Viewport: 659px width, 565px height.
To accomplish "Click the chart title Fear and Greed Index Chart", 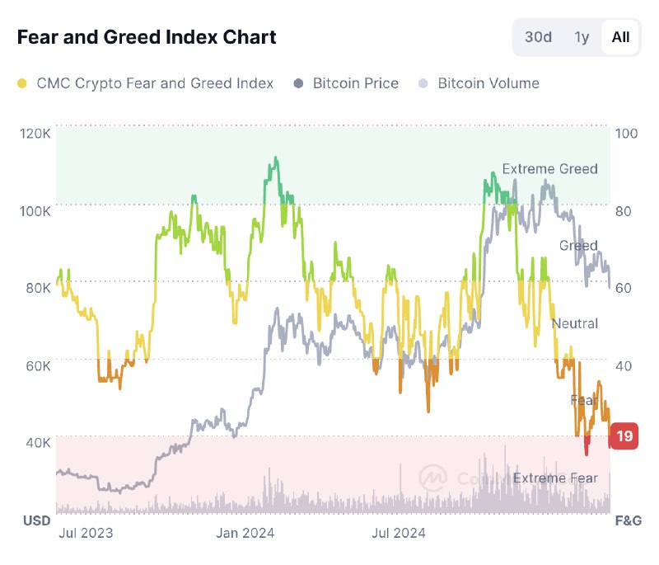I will (x=147, y=37).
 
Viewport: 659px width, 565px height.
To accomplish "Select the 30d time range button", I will (x=538, y=37).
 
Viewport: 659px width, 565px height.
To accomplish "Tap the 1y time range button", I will (x=582, y=37).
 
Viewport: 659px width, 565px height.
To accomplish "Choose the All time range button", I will (x=620, y=37).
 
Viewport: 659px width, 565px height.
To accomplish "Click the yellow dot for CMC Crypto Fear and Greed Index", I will (x=22, y=83).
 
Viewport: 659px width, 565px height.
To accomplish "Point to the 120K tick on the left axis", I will (x=35, y=133).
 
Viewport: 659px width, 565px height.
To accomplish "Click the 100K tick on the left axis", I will (x=35, y=210).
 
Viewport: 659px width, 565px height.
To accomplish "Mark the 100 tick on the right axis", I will (x=627, y=133).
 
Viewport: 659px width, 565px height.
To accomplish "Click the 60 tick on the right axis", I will (x=624, y=288).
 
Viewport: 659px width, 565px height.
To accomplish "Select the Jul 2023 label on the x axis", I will (x=86, y=533).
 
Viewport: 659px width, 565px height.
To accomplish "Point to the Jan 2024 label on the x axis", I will (x=245, y=533).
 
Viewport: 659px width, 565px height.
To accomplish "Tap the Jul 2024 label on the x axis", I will (x=398, y=533).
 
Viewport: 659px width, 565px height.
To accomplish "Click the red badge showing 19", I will (x=624, y=436).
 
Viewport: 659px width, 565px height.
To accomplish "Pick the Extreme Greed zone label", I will (x=549, y=169).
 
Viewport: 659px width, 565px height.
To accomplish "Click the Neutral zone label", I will (x=574, y=323).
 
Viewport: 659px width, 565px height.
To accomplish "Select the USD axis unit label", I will (x=36, y=520).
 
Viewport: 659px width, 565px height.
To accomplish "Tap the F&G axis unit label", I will (x=628, y=520).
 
